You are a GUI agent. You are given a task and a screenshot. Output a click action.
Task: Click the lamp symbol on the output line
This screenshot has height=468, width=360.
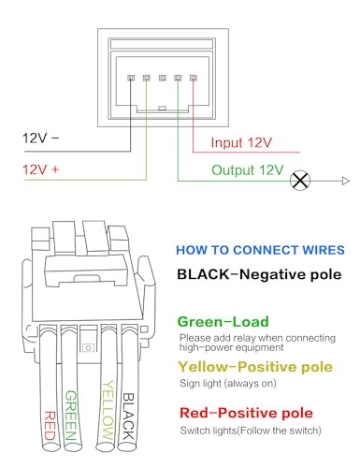(x=300, y=181)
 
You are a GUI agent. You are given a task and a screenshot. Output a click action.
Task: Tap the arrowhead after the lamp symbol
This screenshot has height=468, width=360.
(x=345, y=181)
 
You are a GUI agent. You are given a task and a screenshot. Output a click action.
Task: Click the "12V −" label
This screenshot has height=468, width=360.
(x=40, y=138)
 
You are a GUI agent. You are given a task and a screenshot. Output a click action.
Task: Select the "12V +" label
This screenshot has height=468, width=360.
(x=41, y=169)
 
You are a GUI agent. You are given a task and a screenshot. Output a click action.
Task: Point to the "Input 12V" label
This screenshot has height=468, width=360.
(x=241, y=142)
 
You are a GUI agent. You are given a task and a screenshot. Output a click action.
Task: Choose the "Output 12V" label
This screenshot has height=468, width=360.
(x=248, y=170)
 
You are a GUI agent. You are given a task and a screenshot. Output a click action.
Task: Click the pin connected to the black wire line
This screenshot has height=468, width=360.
(x=131, y=78)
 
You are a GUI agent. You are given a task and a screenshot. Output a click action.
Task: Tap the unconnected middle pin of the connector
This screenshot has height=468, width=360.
(x=162, y=78)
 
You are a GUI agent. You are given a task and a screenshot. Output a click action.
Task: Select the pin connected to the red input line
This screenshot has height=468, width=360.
(x=194, y=78)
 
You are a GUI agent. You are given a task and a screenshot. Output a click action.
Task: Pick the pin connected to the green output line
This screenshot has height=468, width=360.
(x=178, y=78)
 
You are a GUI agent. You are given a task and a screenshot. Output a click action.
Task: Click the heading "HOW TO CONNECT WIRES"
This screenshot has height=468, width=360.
(x=260, y=250)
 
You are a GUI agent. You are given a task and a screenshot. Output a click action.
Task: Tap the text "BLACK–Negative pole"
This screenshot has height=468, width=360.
(x=259, y=274)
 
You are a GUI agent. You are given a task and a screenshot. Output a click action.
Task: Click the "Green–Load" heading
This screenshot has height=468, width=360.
(x=223, y=322)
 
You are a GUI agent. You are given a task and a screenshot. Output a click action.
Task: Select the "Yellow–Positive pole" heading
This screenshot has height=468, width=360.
(x=255, y=367)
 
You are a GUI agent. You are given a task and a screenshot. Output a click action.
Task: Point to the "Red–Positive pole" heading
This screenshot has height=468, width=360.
(x=246, y=413)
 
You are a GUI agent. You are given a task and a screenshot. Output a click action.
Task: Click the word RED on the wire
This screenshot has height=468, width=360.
(x=50, y=426)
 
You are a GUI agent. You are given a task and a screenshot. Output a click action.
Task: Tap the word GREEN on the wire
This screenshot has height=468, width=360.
(x=70, y=416)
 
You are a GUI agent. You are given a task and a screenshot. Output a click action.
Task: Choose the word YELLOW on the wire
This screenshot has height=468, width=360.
(x=108, y=410)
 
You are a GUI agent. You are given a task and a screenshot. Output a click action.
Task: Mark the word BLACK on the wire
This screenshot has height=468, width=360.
(x=128, y=417)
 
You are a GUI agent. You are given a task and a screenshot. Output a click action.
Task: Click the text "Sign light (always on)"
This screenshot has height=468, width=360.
(x=228, y=383)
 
